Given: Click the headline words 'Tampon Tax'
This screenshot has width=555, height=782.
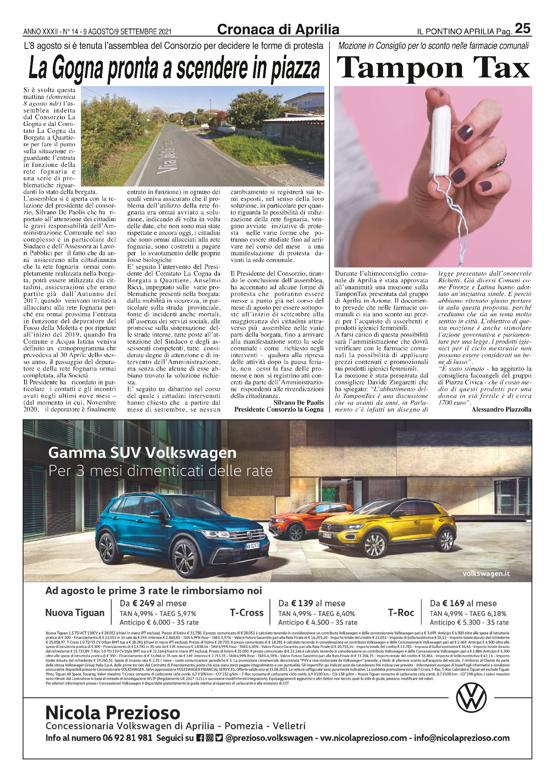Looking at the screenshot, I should click(x=433, y=68).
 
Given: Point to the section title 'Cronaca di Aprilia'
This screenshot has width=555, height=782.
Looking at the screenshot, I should click(x=278, y=29).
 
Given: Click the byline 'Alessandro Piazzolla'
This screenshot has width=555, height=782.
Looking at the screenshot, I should click(x=501, y=409).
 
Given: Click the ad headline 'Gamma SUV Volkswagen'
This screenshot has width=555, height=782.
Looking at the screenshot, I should click(x=142, y=453).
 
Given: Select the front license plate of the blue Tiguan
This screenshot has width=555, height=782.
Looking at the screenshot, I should click(x=252, y=545).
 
